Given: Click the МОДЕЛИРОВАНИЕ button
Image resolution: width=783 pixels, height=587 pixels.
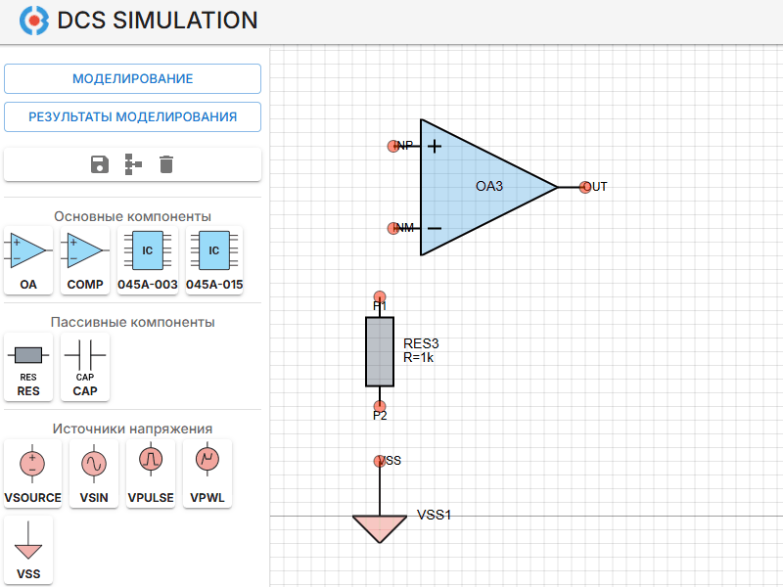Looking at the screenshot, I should (x=132, y=78).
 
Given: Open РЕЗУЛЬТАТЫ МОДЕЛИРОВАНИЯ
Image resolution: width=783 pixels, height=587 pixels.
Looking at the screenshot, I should (x=132, y=116).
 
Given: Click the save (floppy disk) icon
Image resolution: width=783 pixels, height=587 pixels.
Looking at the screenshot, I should (x=99, y=164).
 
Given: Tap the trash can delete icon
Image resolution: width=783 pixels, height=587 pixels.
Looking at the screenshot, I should (x=166, y=164).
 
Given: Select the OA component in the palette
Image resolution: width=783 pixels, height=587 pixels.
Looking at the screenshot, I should (x=28, y=260).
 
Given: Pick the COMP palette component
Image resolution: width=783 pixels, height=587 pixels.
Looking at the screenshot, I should (x=85, y=260).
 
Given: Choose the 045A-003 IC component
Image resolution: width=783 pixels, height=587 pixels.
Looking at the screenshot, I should (x=147, y=260).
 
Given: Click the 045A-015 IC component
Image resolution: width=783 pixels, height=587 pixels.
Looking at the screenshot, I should (x=214, y=260).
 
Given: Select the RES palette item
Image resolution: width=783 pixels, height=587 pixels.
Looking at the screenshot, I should (x=28, y=366).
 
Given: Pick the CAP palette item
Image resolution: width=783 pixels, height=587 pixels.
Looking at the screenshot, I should (x=85, y=366).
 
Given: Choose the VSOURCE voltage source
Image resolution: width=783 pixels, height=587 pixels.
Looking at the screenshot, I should (x=32, y=472).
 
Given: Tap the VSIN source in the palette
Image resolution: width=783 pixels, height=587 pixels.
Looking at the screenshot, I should (x=94, y=472).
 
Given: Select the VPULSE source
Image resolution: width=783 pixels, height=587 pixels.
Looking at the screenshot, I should (x=151, y=472).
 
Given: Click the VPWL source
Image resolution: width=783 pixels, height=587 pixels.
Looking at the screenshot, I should (x=207, y=472).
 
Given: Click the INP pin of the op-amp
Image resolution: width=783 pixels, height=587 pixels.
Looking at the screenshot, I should (x=392, y=146).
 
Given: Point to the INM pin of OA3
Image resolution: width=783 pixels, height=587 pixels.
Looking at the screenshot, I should (x=392, y=228).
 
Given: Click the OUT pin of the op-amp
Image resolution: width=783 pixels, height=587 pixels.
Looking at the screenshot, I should (x=584, y=187).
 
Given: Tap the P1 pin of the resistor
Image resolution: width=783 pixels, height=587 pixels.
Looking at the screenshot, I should (x=380, y=296).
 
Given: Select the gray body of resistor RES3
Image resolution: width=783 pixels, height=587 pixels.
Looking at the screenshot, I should (x=380, y=351).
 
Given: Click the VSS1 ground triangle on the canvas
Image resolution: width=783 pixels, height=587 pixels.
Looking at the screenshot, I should (x=380, y=526).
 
